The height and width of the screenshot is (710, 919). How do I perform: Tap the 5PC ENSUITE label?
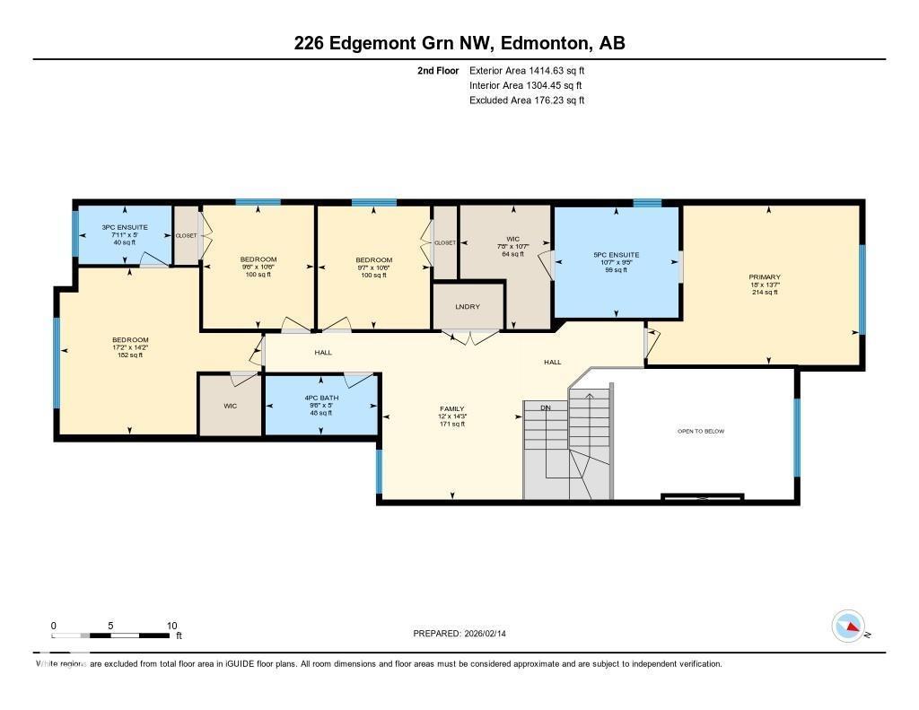coord(616,255)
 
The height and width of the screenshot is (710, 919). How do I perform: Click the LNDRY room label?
coord(467,307)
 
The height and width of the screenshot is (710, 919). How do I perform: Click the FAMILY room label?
coord(451,408)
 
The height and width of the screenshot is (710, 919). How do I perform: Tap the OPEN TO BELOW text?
coord(700,432)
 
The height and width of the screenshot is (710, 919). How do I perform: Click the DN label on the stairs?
coord(545,408)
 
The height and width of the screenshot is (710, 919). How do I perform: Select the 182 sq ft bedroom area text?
coord(130,355)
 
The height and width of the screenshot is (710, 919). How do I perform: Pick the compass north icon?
coord(848,626)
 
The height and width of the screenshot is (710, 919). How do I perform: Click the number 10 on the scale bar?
coord(171,626)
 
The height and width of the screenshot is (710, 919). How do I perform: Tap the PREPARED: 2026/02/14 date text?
coord(465,634)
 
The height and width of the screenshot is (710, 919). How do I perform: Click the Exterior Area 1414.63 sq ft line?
coord(527,70)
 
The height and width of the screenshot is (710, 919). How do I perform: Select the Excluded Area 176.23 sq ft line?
coord(527,101)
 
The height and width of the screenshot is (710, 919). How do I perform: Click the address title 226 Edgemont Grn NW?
coord(392,43)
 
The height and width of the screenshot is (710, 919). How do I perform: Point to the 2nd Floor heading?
coord(438,70)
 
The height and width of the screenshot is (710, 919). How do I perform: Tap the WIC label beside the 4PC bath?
coord(229,406)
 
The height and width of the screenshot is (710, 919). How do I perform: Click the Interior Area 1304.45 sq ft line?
coord(527,85)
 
